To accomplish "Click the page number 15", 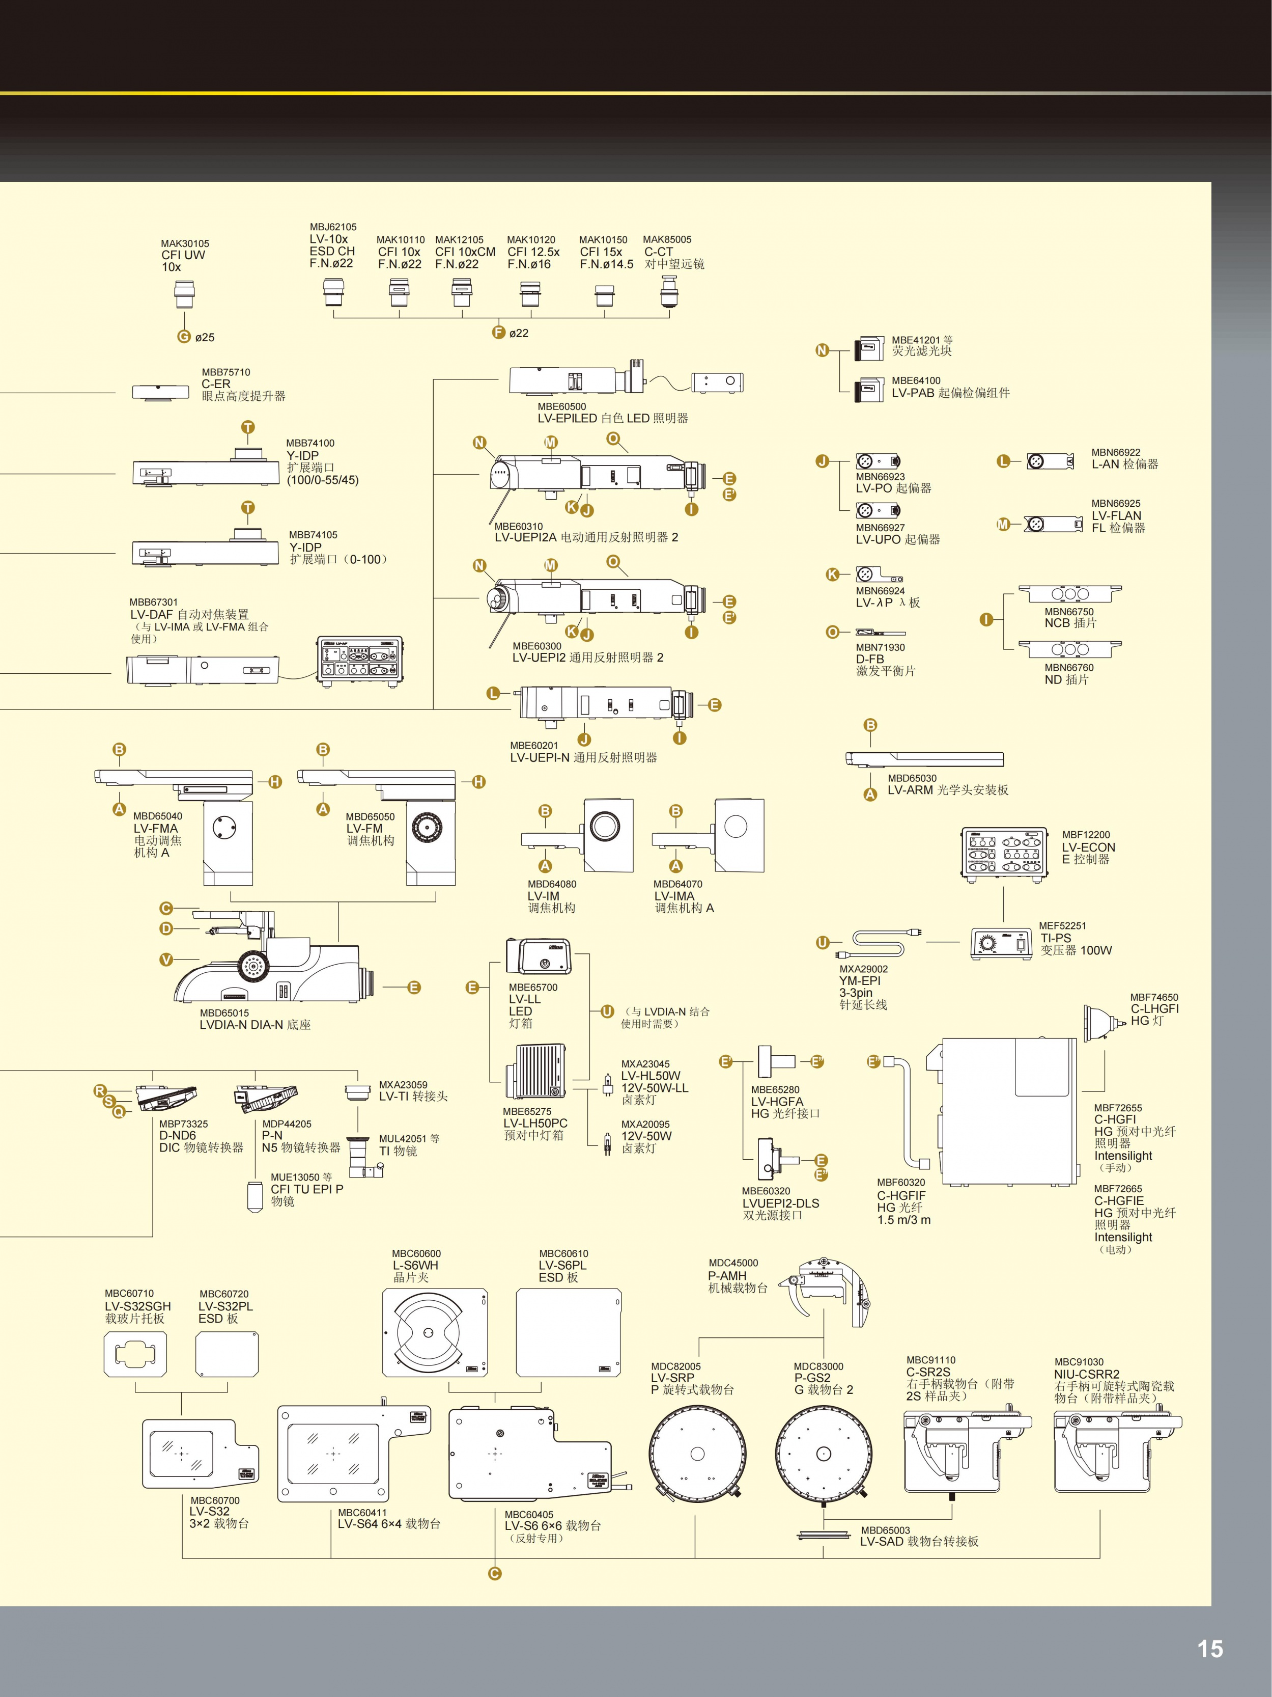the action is point(1210,1649).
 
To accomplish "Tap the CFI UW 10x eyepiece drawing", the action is point(184,294).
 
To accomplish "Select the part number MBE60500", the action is point(561,406).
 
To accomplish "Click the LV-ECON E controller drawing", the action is point(1004,853).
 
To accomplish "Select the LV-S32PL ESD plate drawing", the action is point(227,1354).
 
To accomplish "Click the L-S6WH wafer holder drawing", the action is point(435,1332).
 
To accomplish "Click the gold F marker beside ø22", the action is point(498,332).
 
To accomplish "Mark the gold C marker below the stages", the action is point(495,1573).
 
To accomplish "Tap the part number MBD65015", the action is point(224,1012).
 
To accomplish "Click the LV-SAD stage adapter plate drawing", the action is point(824,1535).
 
